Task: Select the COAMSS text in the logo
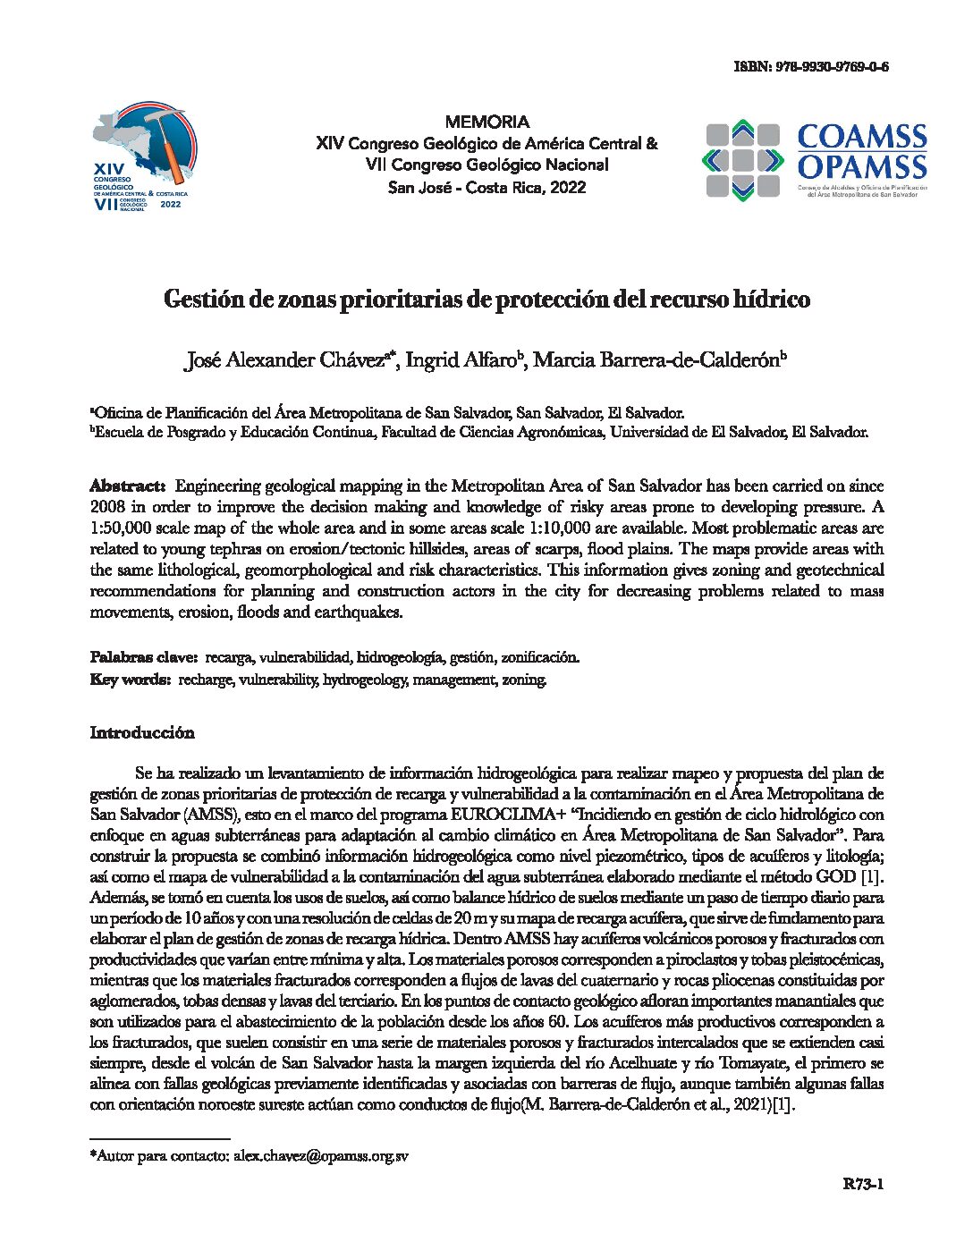[861, 137]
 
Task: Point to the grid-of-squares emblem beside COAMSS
[741, 160]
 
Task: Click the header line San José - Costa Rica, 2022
[486, 187]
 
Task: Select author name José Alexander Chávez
[285, 360]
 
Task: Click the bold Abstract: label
[128, 486]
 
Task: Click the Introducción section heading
[142, 732]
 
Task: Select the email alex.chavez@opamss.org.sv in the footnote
[321, 1155]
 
